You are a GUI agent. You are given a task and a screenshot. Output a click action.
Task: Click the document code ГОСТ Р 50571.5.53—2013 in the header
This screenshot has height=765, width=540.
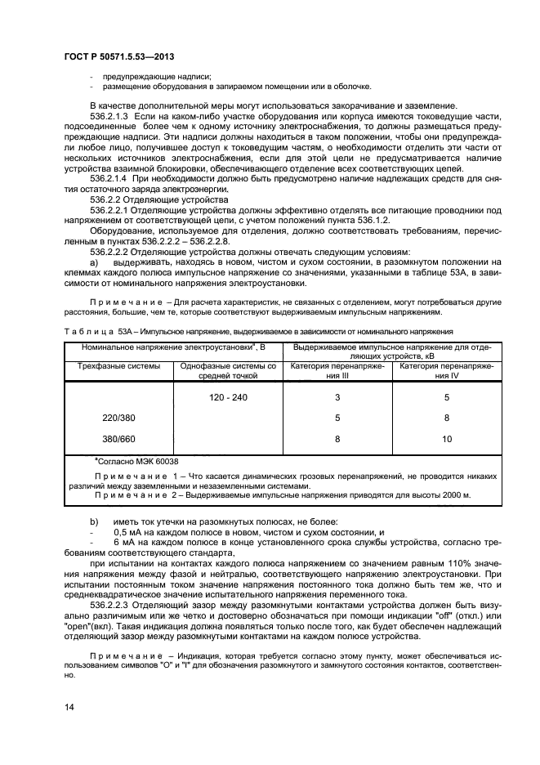pos(119,54)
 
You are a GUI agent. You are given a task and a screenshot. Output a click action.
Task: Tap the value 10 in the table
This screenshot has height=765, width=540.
pos(447,439)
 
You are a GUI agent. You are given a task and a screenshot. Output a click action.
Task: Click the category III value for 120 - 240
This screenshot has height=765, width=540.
pos(337,397)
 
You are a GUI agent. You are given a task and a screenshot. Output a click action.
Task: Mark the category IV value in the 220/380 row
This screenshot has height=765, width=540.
pos(447,418)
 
